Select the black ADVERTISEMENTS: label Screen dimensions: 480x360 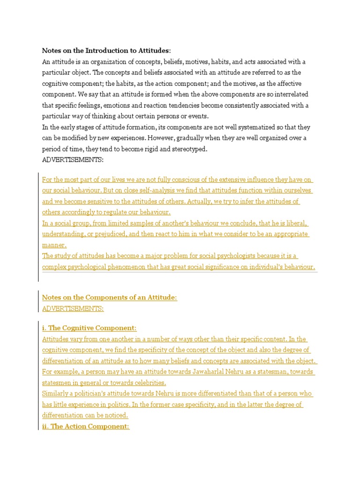[x=73, y=160]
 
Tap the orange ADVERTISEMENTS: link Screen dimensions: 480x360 [x=73, y=308]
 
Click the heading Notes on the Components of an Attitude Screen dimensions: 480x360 [x=110, y=298]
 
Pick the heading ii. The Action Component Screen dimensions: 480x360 [x=85, y=426]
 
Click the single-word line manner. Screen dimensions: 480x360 [x=54, y=245]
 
